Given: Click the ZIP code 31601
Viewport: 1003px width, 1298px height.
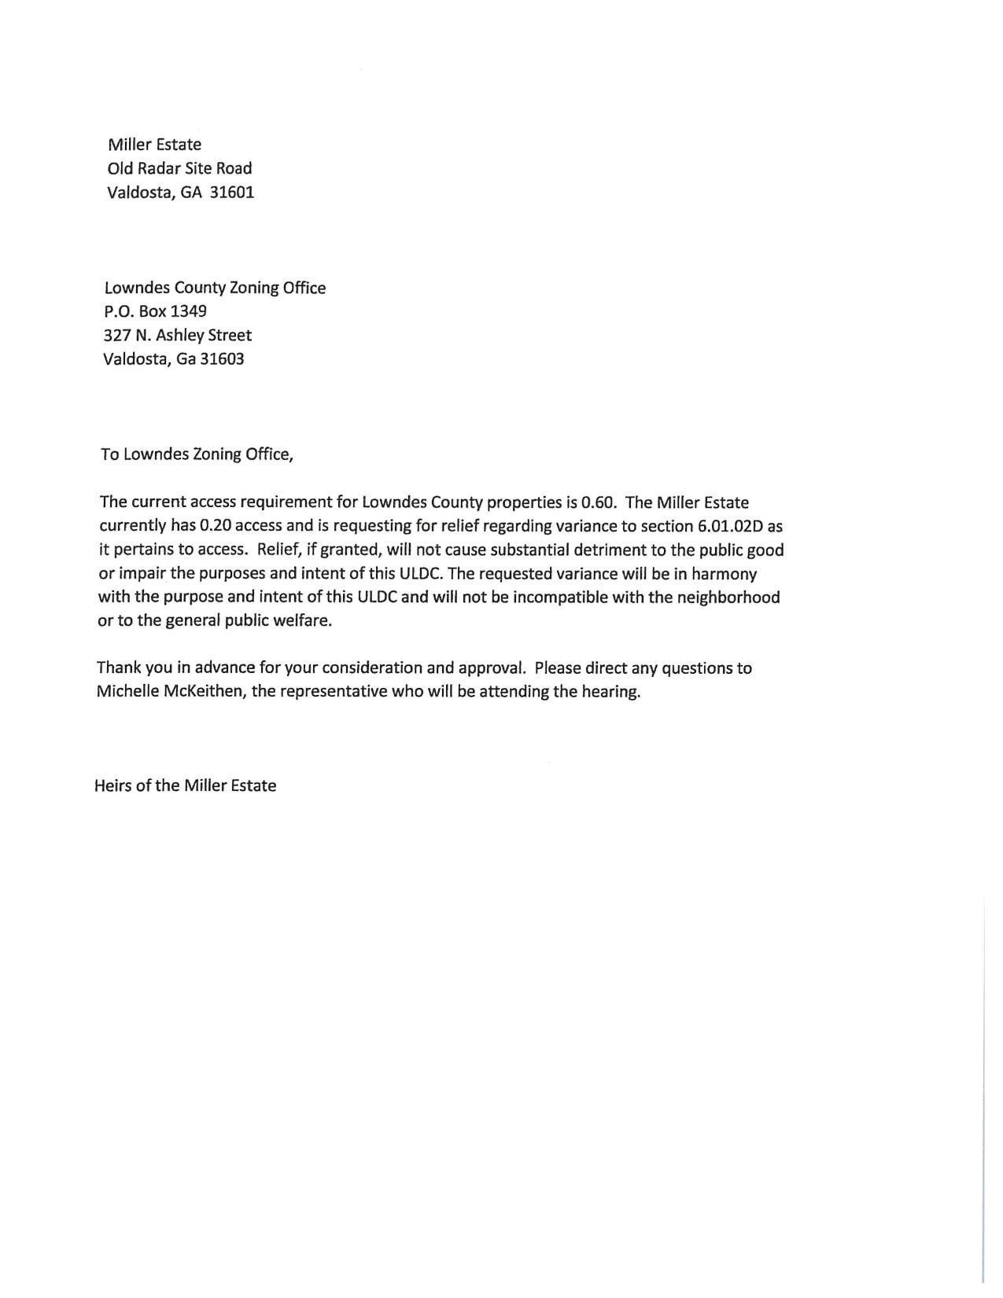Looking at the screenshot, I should (232, 193).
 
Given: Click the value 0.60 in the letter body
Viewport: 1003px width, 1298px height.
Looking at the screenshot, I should (598, 502).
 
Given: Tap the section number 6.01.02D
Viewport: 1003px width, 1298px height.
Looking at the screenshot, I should (731, 526).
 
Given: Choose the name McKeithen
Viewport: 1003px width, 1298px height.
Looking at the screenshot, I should (205, 692).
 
